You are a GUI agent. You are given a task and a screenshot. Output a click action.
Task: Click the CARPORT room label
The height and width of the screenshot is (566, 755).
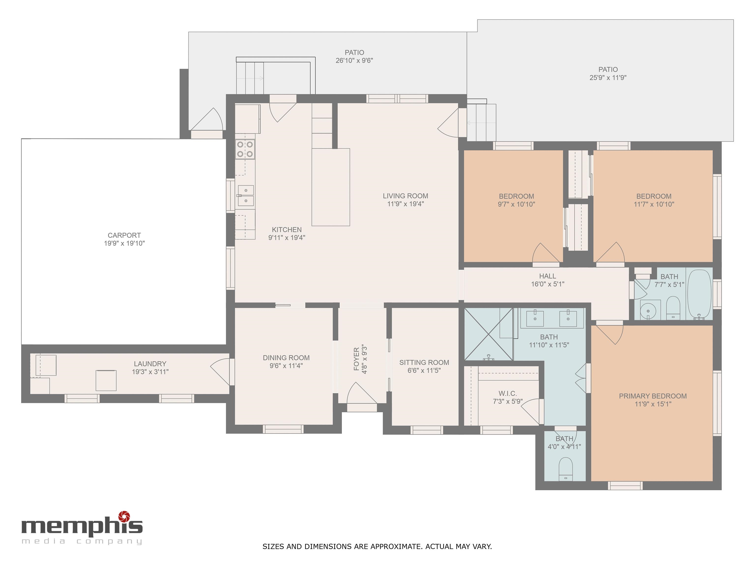pos(124,235)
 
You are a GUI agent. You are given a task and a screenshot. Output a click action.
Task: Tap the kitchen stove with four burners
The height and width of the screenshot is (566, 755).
pos(245,149)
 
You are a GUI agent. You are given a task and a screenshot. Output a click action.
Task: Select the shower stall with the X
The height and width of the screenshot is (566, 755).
pos(489,334)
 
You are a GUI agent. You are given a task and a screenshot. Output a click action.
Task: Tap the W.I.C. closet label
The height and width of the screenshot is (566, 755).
pos(508,393)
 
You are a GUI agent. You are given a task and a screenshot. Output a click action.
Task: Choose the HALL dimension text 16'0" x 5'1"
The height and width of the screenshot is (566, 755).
pos(548,284)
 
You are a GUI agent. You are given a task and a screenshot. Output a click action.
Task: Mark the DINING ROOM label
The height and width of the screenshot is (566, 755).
pos(286,357)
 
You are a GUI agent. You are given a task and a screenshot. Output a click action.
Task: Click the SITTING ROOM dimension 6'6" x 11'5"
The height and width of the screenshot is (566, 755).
pos(424,370)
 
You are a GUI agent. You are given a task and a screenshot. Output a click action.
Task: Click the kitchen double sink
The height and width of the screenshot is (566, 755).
pos(246,196)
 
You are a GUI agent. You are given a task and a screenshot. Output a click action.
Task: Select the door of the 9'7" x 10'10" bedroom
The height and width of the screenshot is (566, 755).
pos(545,253)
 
